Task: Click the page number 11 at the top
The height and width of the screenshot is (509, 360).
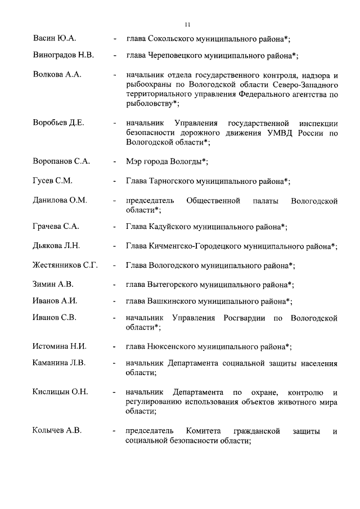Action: [x=187, y=24]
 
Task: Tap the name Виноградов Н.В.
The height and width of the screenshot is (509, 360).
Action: [x=63, y=56]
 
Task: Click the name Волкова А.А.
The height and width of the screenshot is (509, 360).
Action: [x=57, y=74]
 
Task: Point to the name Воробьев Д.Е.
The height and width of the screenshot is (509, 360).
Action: [x=58, y=123]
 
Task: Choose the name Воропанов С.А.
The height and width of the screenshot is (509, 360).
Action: [x=61, y=161]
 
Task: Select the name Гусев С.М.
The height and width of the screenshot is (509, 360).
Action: [x=53, y=181]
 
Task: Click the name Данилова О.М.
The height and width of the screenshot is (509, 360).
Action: [x=60, y=200]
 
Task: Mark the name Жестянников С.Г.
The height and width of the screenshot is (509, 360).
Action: [x=65, y=265]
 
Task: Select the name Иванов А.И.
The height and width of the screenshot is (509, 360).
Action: [x=55, y=301]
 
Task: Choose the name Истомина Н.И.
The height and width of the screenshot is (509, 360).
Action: [x=59, y=346]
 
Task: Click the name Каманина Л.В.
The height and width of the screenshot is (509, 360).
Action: [x=59, y=363]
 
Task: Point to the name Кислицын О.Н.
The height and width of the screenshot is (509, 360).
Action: [x=60, y=391]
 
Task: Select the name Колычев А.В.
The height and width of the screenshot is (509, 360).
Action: [x=57, y=431]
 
